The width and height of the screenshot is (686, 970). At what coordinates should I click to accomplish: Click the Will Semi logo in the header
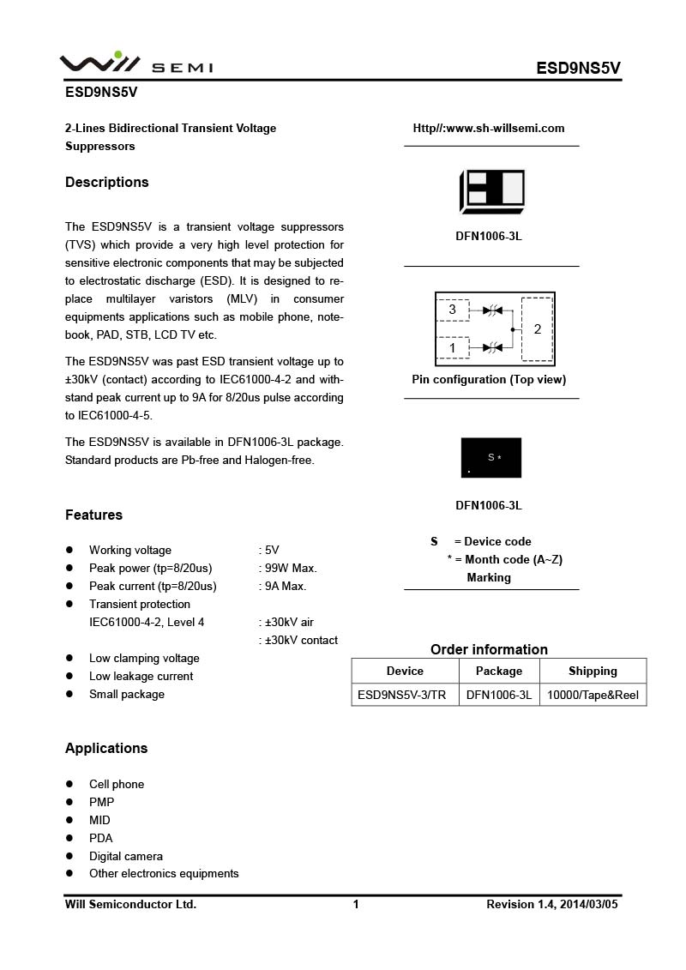135,64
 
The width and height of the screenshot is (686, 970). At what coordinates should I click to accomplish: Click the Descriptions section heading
106,182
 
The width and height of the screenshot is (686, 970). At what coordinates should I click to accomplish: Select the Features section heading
93,515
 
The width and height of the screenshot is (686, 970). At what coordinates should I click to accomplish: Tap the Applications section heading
106,748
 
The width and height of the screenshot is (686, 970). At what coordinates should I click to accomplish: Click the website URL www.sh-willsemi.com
489,129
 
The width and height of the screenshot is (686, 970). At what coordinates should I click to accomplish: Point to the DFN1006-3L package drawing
491,190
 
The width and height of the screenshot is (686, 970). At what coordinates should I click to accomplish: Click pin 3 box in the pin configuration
453,310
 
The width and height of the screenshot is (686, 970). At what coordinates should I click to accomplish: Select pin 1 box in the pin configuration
453,347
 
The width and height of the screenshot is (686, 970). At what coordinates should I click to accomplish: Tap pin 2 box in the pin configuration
537,329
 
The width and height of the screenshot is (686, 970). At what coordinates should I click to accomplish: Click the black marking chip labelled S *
491,458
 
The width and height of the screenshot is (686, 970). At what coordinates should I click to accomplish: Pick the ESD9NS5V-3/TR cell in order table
402,695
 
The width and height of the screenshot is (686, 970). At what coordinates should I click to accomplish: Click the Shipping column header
593,671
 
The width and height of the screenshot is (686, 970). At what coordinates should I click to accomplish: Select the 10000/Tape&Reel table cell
593,695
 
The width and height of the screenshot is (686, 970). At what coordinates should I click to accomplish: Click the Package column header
498,671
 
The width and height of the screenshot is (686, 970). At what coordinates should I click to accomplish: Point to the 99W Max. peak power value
291,568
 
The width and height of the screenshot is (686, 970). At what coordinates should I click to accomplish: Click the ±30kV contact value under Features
301,640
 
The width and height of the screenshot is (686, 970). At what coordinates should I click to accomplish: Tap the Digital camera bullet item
125,856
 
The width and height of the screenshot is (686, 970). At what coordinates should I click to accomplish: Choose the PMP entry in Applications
101,802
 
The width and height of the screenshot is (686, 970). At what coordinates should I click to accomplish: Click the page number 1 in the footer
356,904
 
